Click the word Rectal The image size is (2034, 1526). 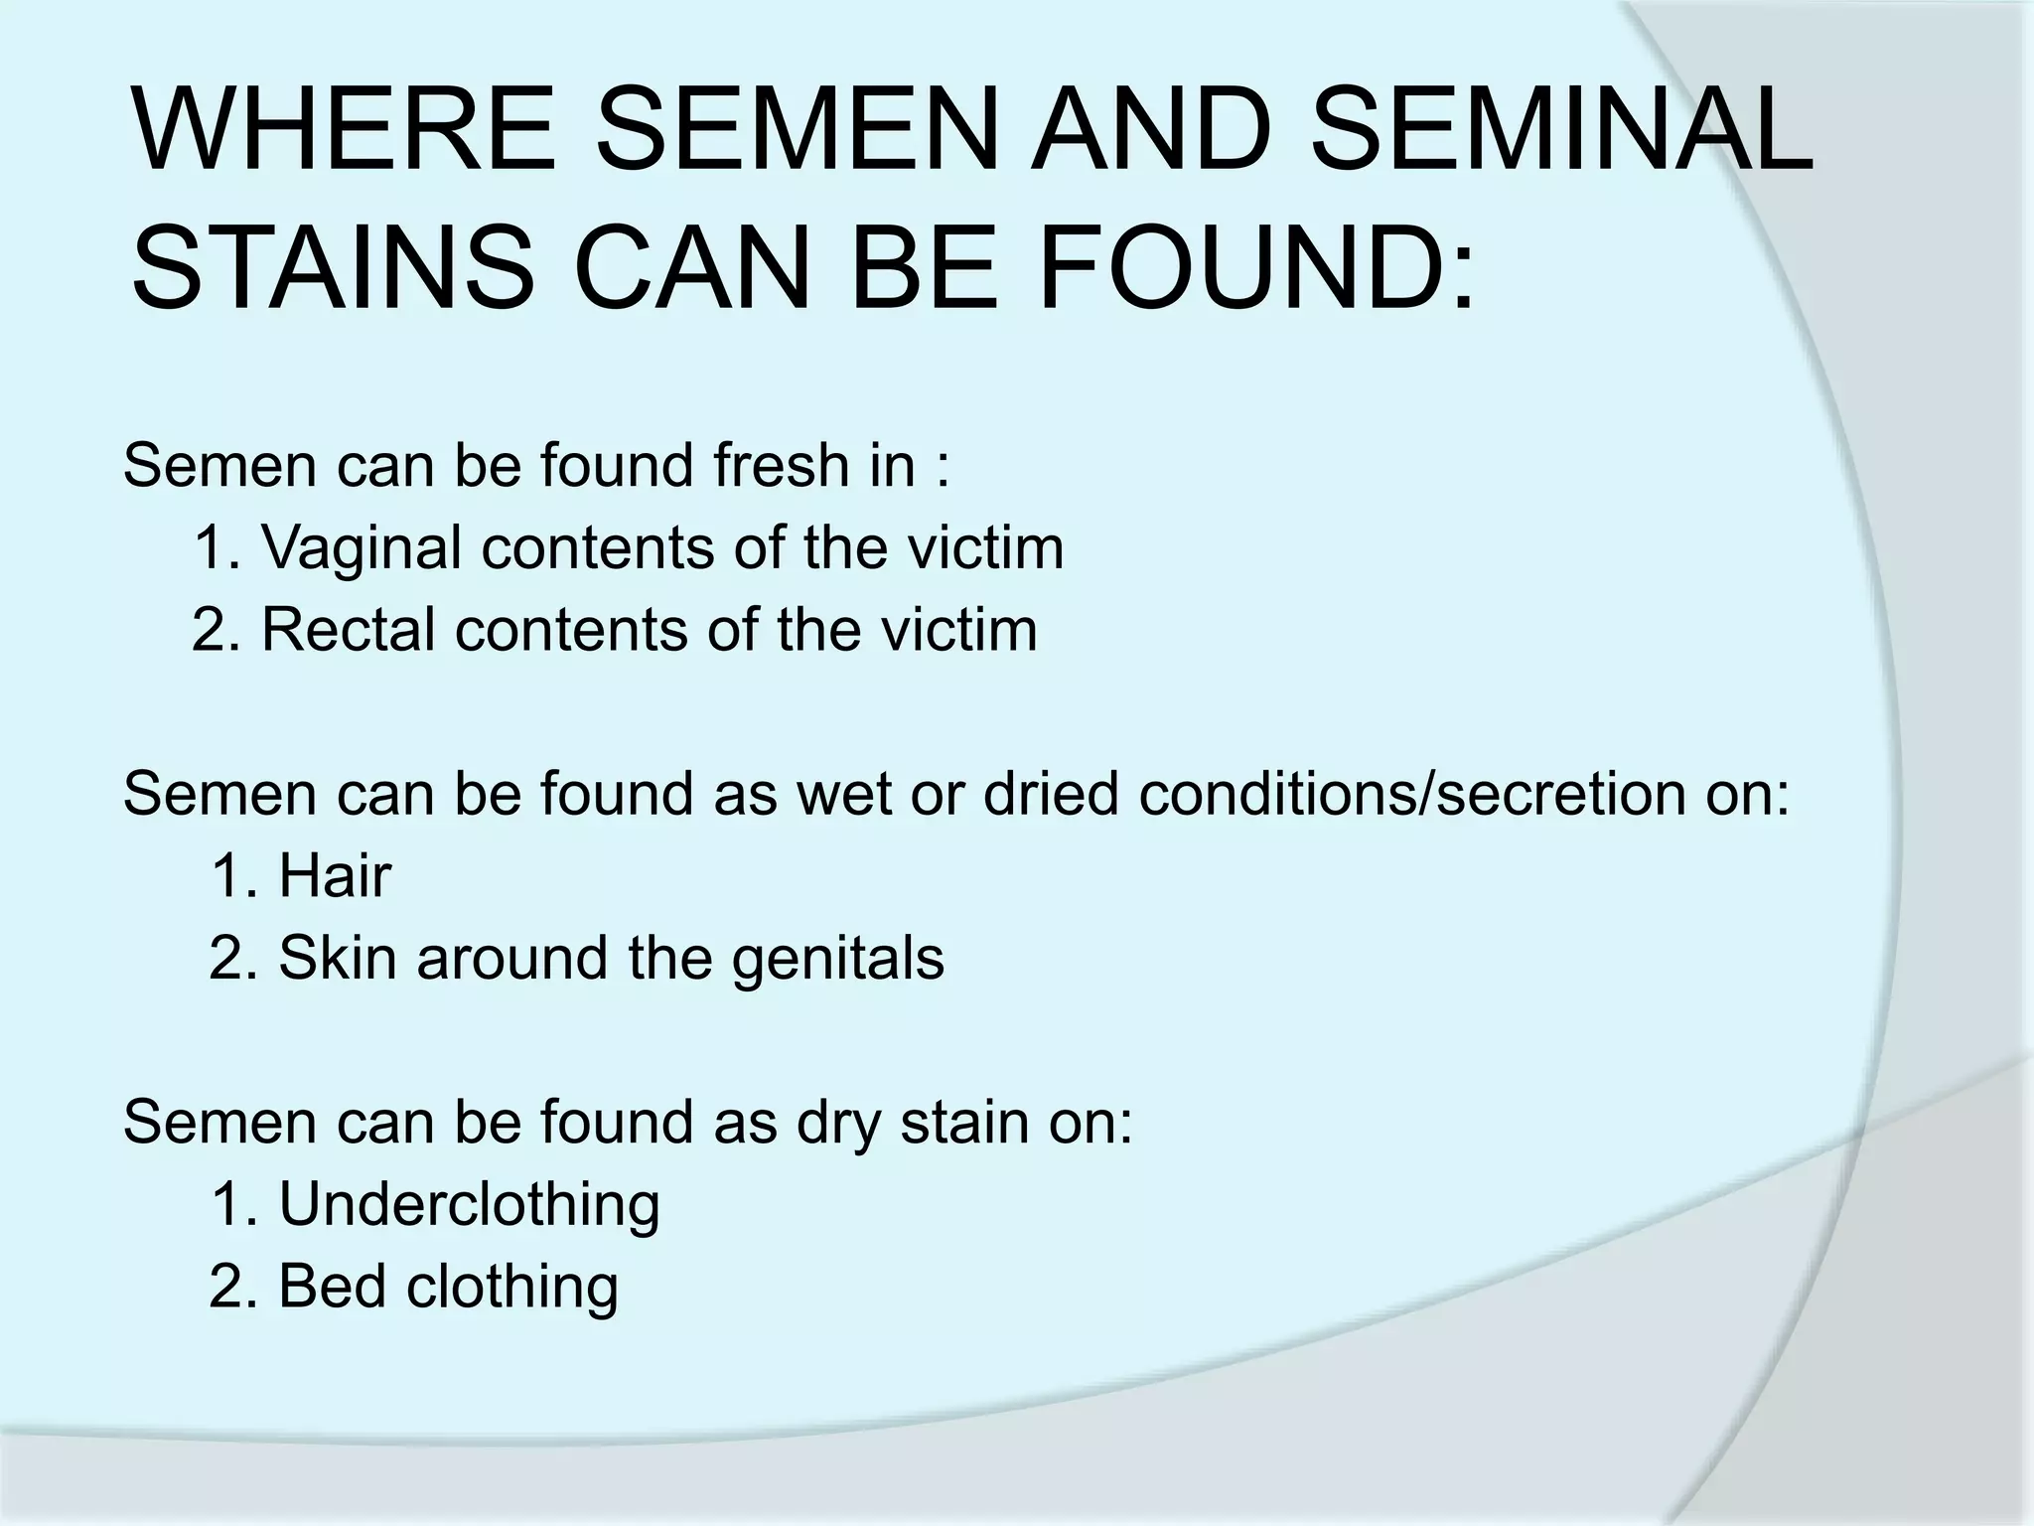(x=348, y=630)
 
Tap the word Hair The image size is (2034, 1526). (x=335, y=876)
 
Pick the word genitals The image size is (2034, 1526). (x=838, y=960)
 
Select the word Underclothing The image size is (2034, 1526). (x=469, y=1204)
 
